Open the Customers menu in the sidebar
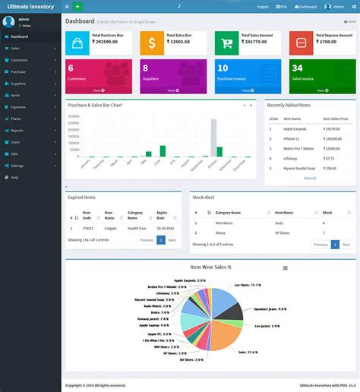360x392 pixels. click(21, 58)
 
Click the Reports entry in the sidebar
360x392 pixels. click(17, 131)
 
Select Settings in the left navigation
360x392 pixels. click(17, 165)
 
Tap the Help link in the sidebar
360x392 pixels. click(14, 177)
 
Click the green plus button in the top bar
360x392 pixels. click(77, 6)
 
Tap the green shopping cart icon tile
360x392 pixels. click(226, 43)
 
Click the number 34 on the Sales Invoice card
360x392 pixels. click(297, 68)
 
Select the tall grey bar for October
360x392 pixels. click(214, 138)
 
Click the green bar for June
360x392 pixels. click(163, 150)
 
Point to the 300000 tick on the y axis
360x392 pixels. click(74, 116)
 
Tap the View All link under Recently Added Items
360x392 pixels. click(310, 178)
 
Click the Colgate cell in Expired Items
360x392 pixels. click(109, 228)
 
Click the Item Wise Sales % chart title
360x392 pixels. click(211, 267)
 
